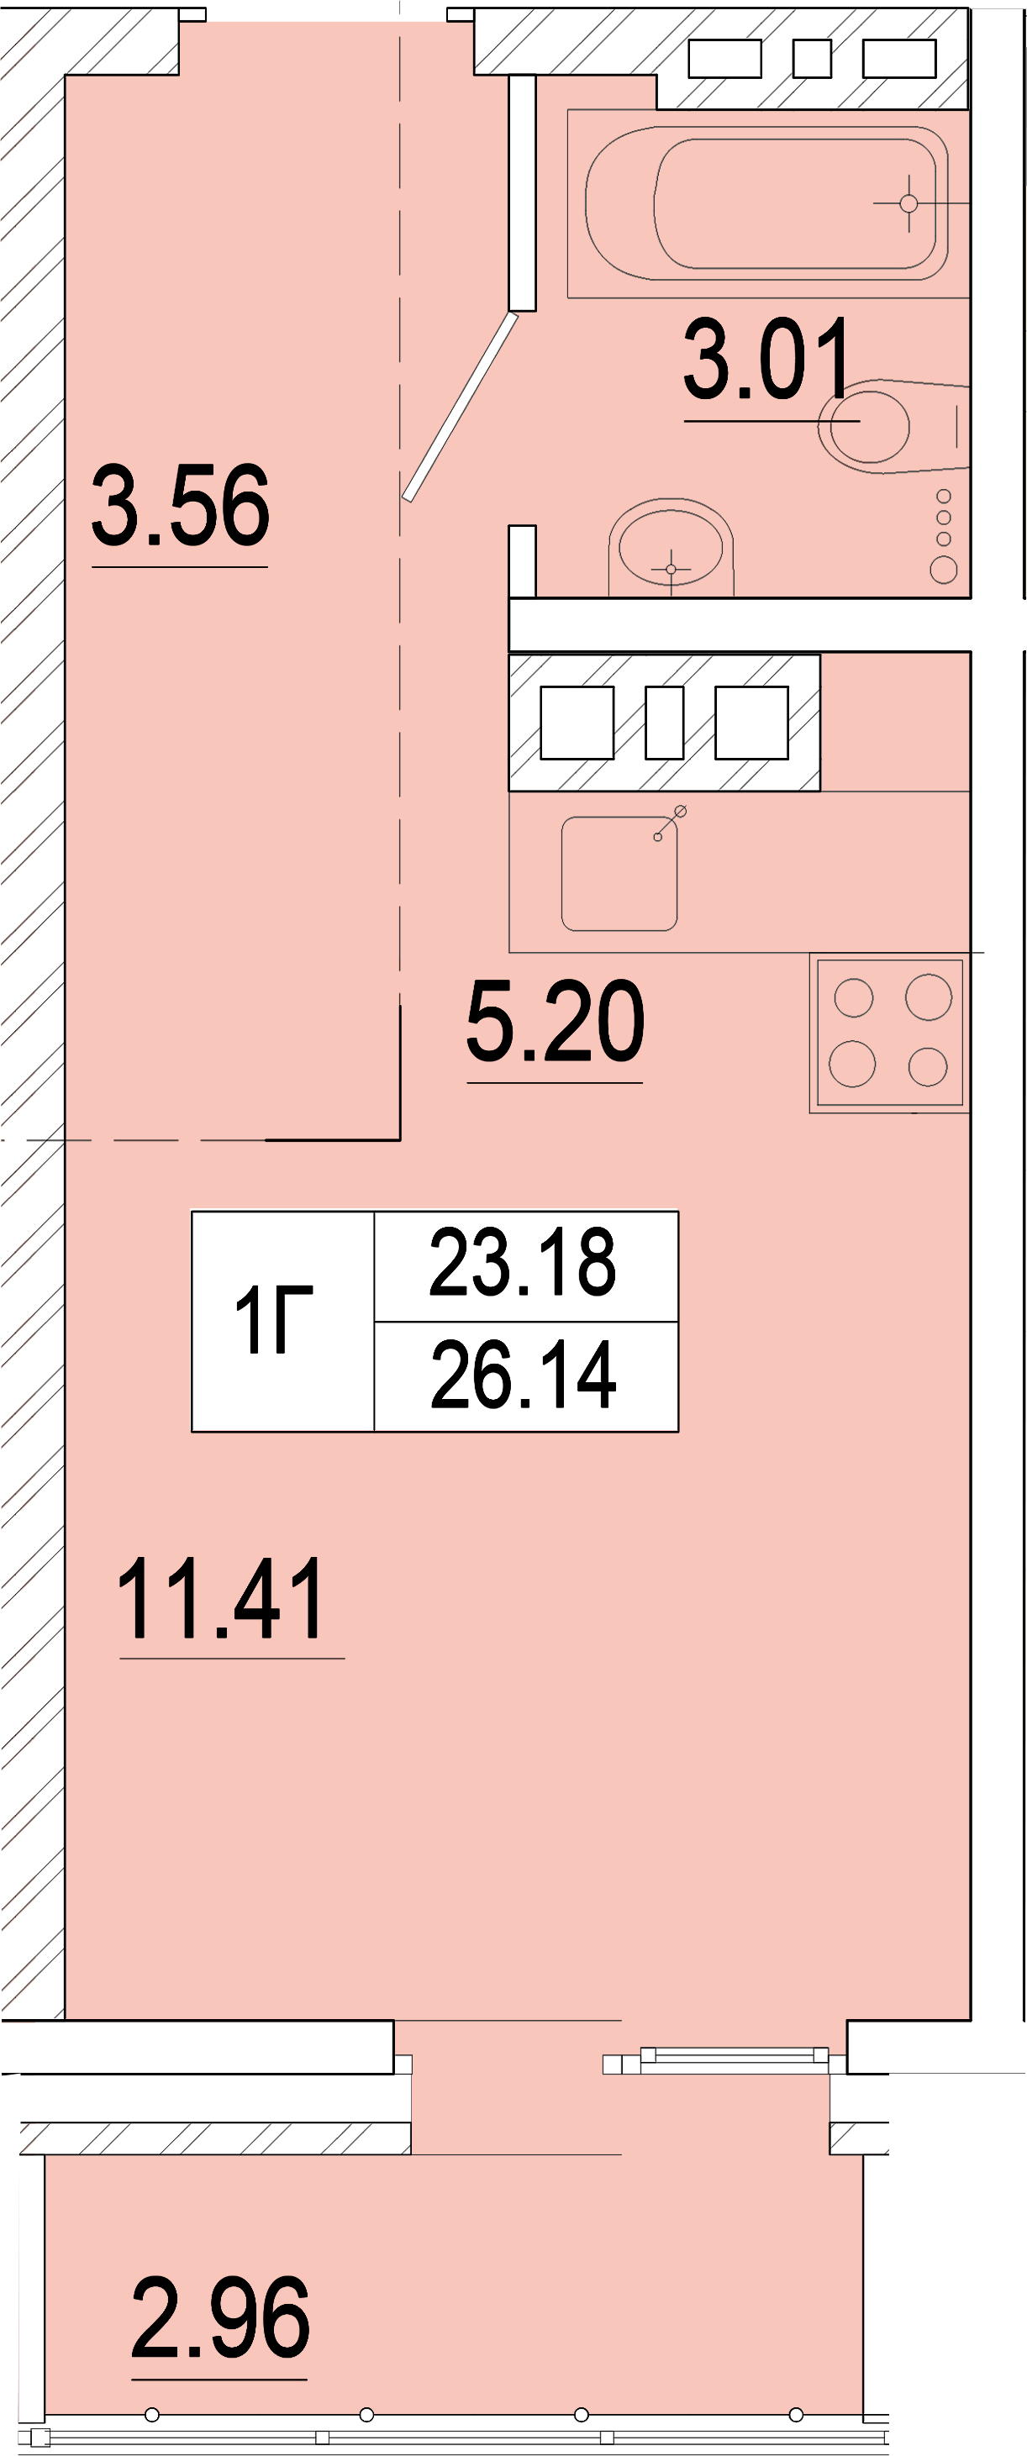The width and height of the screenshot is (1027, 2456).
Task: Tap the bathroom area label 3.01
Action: coord(766,360)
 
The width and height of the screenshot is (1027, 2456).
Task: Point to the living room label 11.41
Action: coord(221,1599)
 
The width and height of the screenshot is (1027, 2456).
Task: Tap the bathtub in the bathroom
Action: coord(766,203)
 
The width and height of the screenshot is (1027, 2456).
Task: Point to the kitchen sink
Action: coord(619,873)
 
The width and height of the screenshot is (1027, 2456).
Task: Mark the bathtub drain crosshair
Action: coord(908,203)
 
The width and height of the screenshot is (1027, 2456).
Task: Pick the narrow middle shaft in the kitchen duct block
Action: coord(665,723)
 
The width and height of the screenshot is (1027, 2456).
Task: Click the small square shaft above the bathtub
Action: coord(812,59)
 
